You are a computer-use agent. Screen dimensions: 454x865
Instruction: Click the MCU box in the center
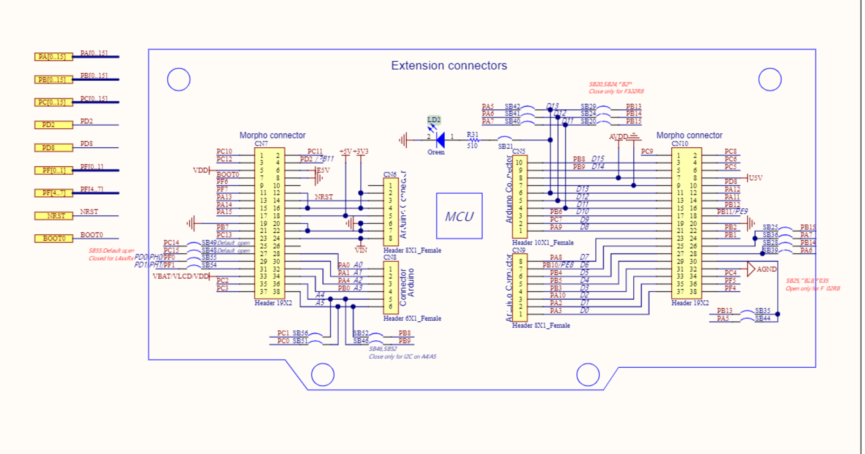(459, 216)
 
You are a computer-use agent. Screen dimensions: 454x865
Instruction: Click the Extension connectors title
(449, 66)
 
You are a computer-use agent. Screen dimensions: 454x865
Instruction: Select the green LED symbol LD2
(440, 140)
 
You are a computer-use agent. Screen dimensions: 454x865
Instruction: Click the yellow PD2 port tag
(53, 125)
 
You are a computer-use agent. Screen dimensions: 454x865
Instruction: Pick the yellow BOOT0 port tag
(53, 239)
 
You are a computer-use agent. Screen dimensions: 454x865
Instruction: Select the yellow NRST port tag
(53, 216)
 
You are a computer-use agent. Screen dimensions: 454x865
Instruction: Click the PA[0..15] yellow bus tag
(53, 57)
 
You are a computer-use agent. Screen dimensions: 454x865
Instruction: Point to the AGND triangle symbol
(750, 269)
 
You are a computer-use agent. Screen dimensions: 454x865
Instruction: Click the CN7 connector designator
(261, 143)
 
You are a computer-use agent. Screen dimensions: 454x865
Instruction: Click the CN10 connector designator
(679, 143)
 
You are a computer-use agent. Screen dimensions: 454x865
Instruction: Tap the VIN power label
(360, 250)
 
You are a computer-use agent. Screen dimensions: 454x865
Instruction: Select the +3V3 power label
(360, 151)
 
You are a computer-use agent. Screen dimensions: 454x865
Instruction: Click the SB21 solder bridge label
(505, 146)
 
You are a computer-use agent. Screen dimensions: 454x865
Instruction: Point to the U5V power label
(755, 178)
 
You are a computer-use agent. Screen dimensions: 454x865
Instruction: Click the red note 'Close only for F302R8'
(616, 91)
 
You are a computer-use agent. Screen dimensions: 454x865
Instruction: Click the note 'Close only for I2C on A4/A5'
(402, 356)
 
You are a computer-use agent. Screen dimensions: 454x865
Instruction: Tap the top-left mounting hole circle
(179, 79)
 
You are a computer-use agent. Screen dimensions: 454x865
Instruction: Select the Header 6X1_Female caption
(412, 318)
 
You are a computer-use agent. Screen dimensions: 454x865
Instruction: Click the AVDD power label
(618, 136)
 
